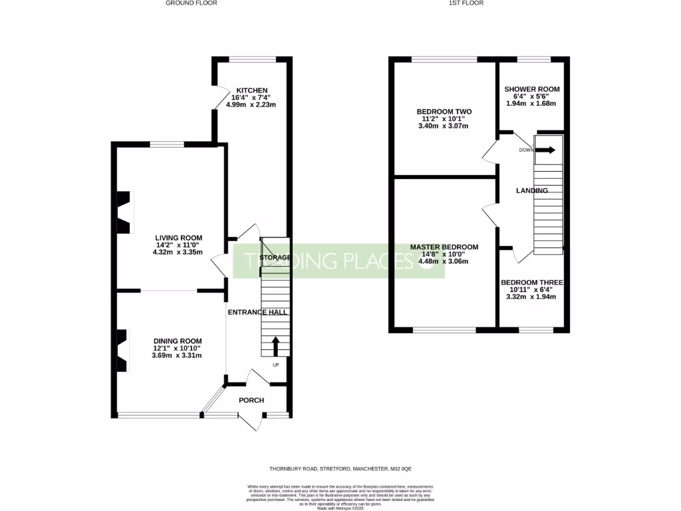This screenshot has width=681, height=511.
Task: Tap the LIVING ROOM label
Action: (178, 238)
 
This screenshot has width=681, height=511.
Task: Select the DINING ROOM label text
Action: (176, 340)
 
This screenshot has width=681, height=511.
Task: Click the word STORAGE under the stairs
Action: (275, 257)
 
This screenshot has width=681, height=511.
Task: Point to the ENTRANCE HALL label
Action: (257, 312)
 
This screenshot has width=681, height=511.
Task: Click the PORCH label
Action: (251, 400)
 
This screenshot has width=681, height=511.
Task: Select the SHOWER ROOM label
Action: (531, 89)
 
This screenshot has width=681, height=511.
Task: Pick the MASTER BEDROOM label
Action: (444, 247)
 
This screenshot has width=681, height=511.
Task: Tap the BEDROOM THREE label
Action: (531, 281)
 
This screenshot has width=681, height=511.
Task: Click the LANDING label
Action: (532, 191)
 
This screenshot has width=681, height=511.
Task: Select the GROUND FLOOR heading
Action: (192, 3)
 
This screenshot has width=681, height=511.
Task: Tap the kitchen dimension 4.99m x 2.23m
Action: (251, 104)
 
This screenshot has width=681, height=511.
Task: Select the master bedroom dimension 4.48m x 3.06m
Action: (444, 261)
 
